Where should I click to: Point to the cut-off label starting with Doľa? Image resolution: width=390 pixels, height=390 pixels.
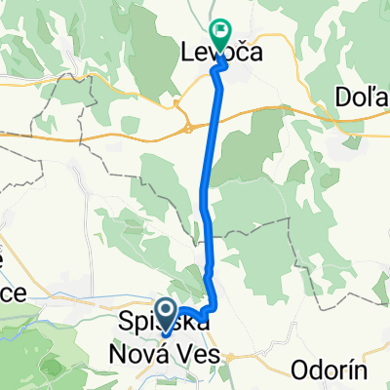(x=362, y=97)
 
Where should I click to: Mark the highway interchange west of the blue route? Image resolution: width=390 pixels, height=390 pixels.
(x=186, y=127)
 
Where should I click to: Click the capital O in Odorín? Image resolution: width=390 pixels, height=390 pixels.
(x=301, y=371)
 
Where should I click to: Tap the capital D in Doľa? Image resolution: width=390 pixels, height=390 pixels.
(x=341, y=97)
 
